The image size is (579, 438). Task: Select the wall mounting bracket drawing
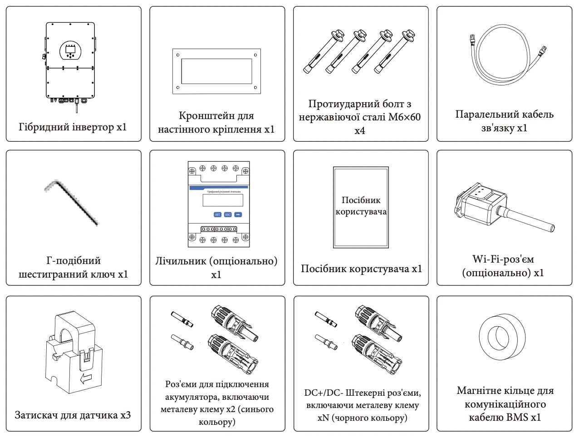[216, 71]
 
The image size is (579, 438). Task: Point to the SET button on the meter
[217, 214]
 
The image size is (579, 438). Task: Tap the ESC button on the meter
[228, 214]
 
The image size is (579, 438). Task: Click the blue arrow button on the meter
[238, 214]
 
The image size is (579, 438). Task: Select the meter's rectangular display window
[222, 200]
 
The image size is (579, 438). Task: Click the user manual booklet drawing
[361, 207]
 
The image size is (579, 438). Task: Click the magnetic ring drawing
[502, 338]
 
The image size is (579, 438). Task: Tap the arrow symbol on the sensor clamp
[86, 378]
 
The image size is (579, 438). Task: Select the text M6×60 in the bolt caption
[404, 117]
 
